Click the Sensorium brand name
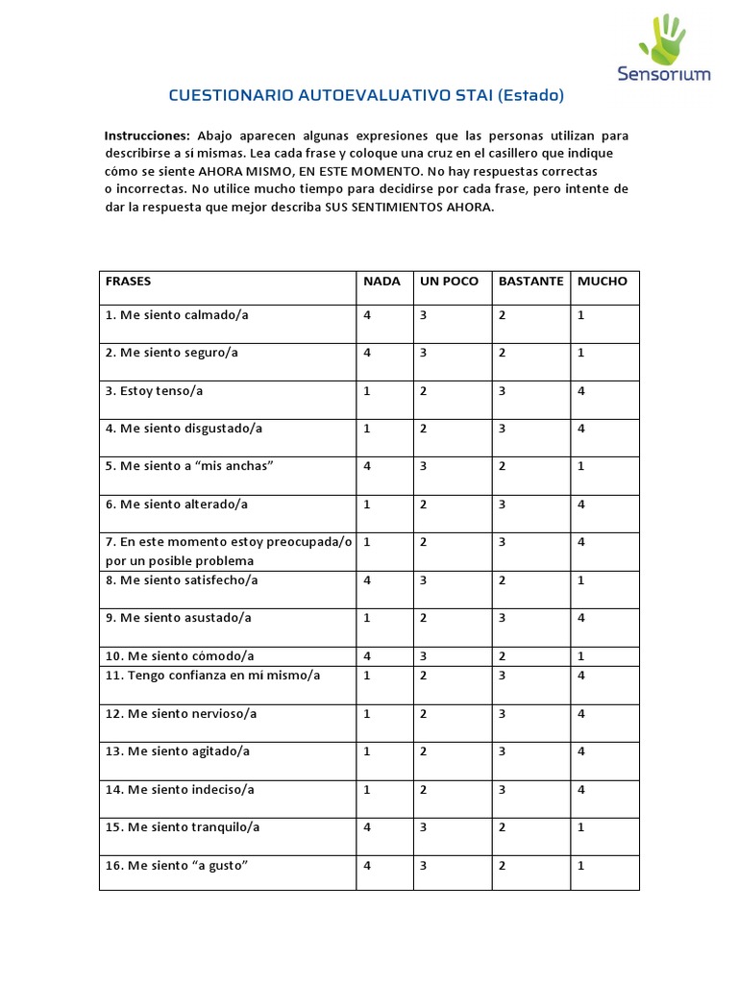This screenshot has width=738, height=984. coord(664,74)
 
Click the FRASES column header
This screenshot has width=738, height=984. coord(128,282)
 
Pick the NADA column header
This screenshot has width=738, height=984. coord(381,282)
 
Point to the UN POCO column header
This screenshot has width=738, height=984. coord(449,282)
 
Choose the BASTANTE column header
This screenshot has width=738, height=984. coord(531,282)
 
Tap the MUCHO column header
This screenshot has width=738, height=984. coord(603,282)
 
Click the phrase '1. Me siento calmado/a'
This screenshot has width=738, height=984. coord(177,315)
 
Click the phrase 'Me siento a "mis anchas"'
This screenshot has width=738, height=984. coord(190,466)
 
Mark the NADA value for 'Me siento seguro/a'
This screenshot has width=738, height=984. coord(367,353)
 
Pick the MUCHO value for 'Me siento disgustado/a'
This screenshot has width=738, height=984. coord(581,429)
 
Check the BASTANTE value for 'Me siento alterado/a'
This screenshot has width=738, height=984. coord(502,504)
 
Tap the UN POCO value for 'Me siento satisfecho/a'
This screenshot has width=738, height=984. coord(423,580)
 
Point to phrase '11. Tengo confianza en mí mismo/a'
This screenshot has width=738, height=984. coord(212,676)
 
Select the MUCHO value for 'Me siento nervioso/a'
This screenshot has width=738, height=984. coord(581,714)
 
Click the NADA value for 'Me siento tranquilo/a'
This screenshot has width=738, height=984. coord(367,827)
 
